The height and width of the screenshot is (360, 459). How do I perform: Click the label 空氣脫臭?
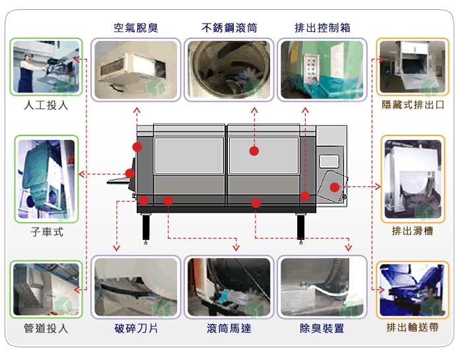click(x=136, y=28)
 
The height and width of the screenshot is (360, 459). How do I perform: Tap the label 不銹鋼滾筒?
click(x=229, y=28)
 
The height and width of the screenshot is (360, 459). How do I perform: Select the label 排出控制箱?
click(x=322, y=28)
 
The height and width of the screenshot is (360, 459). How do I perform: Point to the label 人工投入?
click(x=46, y=105)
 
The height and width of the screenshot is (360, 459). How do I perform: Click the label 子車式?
click(x=47, y=232)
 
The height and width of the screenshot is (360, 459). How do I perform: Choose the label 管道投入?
click(x=46, y=328)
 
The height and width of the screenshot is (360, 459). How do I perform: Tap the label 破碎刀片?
click(x=136, y=328)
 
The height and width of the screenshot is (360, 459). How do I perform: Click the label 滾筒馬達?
click(x=229, y=328)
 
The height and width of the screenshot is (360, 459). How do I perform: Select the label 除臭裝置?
click(x=322, y=328)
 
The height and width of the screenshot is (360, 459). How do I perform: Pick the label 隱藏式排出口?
click(x=413, y=104)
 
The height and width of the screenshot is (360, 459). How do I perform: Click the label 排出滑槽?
click(x=413, y=231)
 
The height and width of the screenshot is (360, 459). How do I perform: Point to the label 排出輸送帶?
click(x=413, y=327)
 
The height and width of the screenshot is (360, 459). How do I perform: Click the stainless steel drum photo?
click(x=229, y=69)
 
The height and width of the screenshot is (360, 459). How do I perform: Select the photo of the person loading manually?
click(x=46, y=67)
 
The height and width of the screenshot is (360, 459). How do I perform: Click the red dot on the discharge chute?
click(x=335, y=187)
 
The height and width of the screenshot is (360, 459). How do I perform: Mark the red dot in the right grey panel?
click(x=254, y=151)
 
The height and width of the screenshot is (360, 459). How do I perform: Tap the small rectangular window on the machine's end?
click(x=329, y=162)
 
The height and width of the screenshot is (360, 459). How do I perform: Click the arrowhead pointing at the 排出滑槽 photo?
click(x=378, y=186)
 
